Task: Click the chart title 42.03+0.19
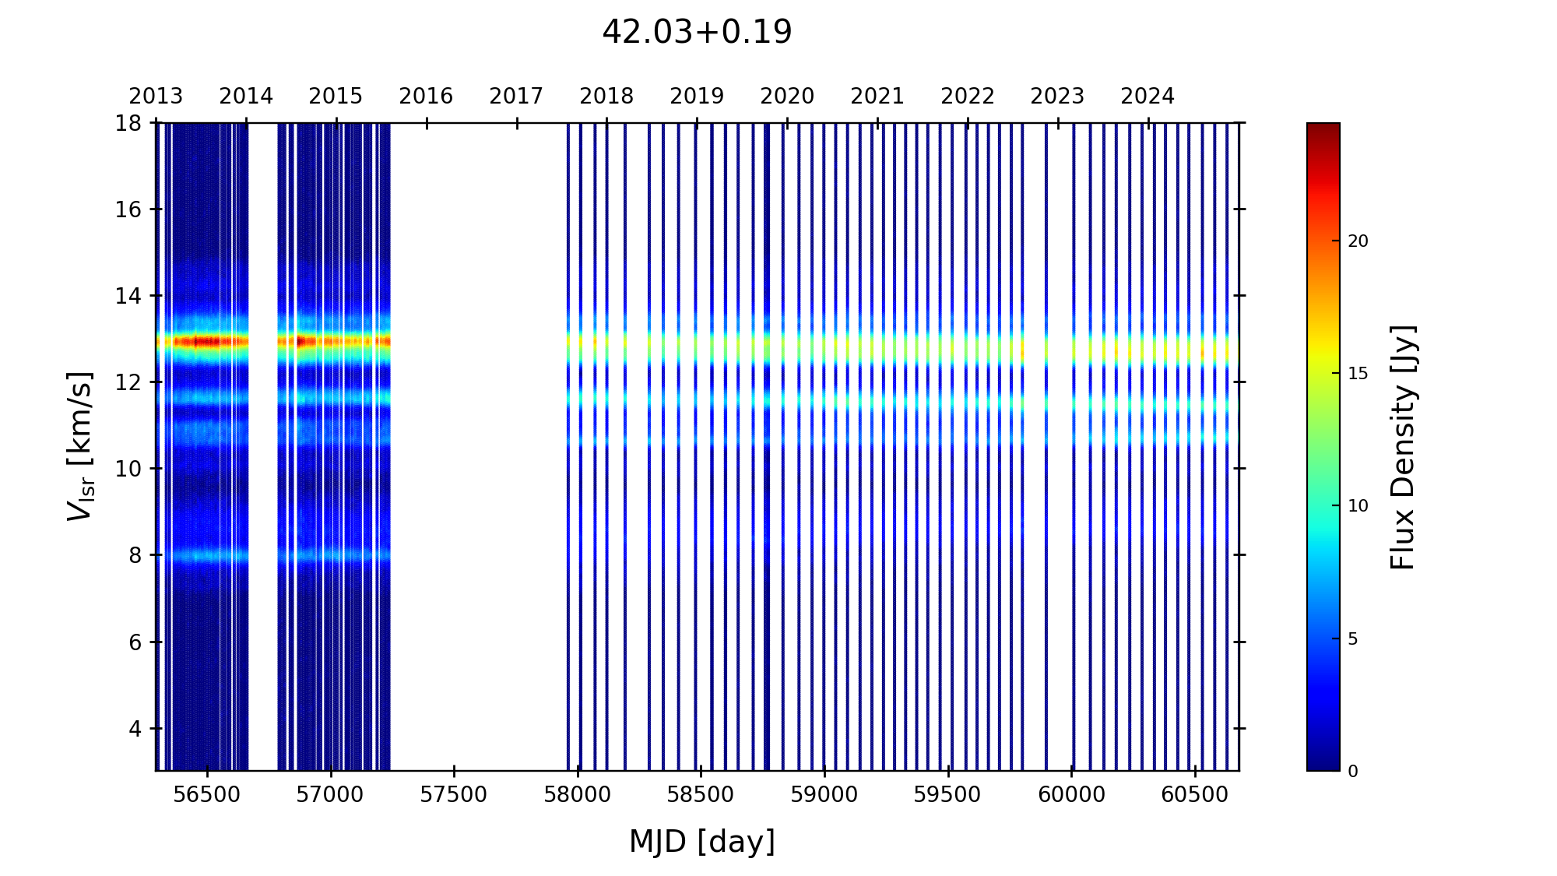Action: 697,33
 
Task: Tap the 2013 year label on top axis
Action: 156,97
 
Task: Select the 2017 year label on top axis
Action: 516,97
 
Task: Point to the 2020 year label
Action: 787,97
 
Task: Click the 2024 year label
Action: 1148,97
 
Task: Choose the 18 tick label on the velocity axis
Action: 128,123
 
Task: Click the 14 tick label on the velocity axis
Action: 128,296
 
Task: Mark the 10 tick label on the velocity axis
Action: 128,469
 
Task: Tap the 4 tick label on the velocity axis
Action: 135,729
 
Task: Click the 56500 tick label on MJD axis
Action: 207,795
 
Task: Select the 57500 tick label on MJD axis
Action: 454,795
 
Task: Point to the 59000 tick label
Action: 824,795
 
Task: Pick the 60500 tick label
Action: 1195,795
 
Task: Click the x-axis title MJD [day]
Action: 702,842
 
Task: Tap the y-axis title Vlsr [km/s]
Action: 80,446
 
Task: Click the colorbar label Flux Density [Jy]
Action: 1403,447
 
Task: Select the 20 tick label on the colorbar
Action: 1358,241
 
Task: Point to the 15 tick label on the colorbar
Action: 1358,374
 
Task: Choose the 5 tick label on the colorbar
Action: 1353,639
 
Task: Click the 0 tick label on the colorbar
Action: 1353,772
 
